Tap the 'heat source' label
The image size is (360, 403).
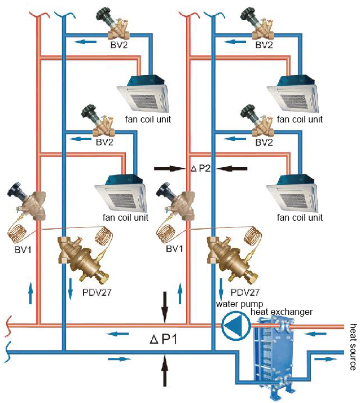pos(353,347)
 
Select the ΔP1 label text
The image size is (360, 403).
pos(164,339)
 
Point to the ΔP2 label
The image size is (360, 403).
pos(201,168)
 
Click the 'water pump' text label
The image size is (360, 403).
pos(239,304)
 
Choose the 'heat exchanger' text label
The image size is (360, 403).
pos(282,312)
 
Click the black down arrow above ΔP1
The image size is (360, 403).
pos(164,307)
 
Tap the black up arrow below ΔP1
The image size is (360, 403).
pos(164,370)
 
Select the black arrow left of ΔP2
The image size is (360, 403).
pos(170,169)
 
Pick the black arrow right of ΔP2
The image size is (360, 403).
pos(231,169)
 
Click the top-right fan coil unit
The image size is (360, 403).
pos(293,93)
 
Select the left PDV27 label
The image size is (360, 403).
pos(96,292)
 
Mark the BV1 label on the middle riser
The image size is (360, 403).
pos(174,249)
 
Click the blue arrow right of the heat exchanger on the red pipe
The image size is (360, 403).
pos(315,334)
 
